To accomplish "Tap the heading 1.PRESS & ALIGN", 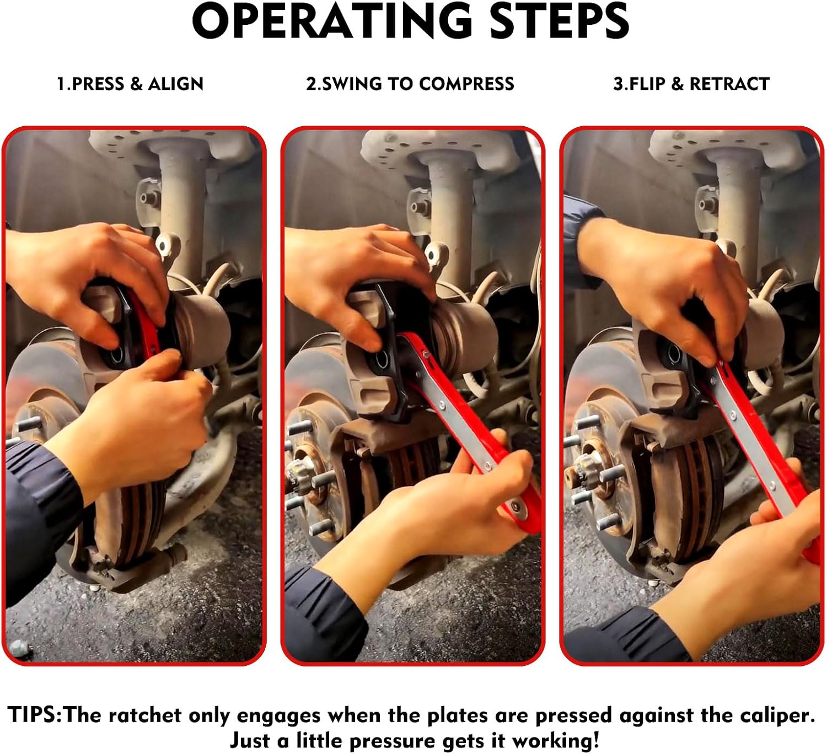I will pyautogui.click(x=130, y=84).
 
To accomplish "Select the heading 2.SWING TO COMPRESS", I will pyautogui.click(x=410, y=84).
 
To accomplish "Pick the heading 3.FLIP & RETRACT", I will pyautogui.click(x=691, y=84).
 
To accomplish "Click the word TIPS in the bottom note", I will pyautogui.click(x=34, y=715).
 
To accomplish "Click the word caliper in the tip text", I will pyautogui.click(x=774, y=715).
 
